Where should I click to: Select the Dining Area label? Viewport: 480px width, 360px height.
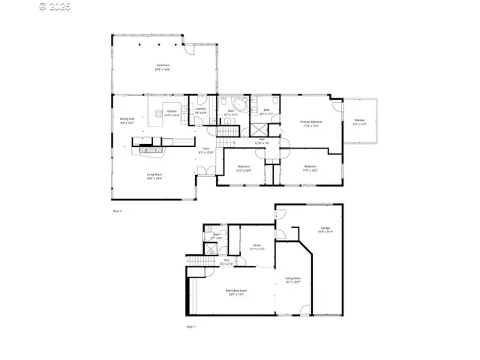127,119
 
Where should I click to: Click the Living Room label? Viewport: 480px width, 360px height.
154,176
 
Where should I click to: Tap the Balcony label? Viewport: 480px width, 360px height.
359,123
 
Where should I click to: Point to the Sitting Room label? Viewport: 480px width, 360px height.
292,280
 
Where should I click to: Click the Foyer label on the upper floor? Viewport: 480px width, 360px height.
204,150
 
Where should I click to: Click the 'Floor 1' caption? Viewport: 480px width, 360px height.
190,327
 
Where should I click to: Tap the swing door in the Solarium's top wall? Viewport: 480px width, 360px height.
193,39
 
